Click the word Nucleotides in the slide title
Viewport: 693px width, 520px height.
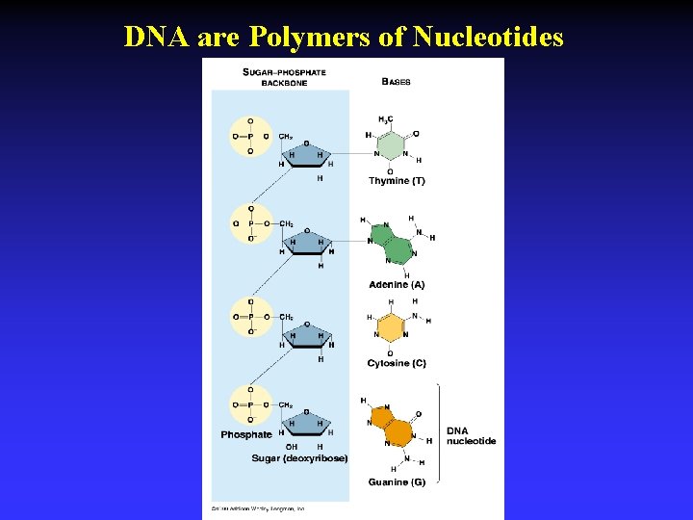488,37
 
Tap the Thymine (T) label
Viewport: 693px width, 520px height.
396,181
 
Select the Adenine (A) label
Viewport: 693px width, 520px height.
396,285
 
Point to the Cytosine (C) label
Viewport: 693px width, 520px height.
396,363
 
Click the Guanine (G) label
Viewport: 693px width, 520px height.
396,481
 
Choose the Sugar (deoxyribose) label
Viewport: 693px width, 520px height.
299,458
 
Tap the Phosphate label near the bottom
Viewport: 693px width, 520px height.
246,435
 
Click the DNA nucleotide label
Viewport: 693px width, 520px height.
471,435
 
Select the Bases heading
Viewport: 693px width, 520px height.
396,82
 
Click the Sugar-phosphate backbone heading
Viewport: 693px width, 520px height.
284,77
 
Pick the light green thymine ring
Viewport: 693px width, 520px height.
391,144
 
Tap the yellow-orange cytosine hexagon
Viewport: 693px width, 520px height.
390,327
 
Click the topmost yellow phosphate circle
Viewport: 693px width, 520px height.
251,136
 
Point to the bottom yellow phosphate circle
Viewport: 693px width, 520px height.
251,404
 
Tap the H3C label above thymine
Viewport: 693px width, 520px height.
385,119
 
